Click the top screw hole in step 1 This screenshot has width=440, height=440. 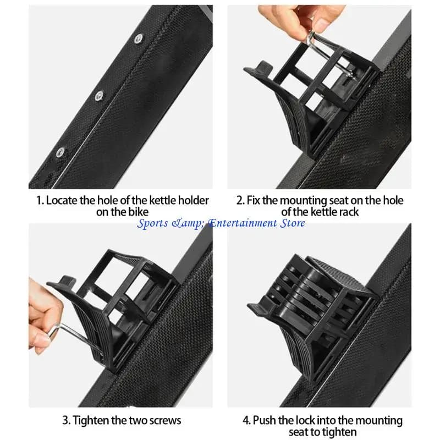pos(139,38)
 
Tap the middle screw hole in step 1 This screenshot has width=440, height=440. pos(99,96)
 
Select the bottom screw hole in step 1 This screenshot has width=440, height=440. pos(61,152)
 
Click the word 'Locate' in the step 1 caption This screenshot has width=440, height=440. pos(62,200)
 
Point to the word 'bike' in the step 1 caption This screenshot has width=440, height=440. pos(139,212)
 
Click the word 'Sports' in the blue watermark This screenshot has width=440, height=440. pos(152,223)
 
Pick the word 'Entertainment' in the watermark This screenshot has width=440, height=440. pos(242,223)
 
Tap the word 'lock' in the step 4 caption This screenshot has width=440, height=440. pos(305,420)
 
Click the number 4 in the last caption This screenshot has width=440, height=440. pos(246,420)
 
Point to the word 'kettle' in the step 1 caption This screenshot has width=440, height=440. pos(163,200)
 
